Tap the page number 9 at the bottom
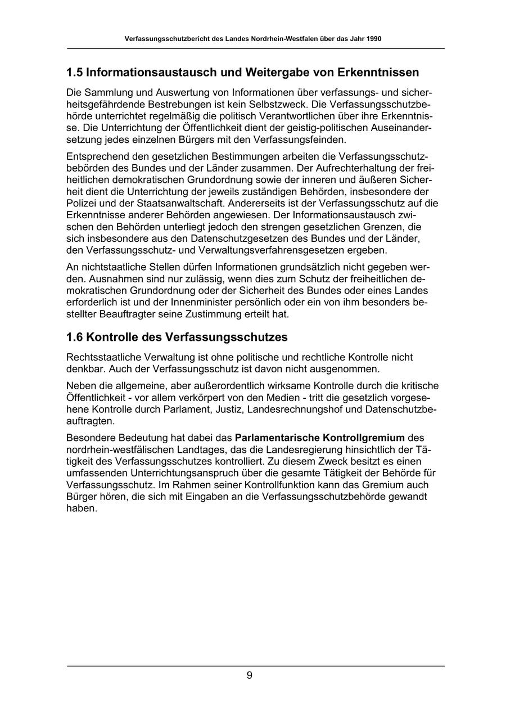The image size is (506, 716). [249, 676]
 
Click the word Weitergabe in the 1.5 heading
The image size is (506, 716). [274, 73]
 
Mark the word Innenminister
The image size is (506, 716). [200, 303]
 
